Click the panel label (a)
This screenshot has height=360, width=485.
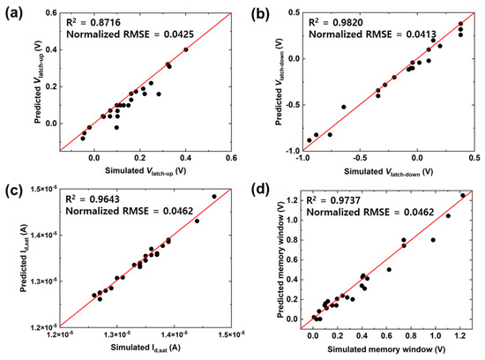coord(16,13)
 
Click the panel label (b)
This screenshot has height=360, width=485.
coord(257,13)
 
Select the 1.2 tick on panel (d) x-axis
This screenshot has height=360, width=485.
coord(459,339)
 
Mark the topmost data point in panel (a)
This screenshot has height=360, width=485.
coord(185,49)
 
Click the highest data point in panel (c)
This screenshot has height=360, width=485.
coord(214,197)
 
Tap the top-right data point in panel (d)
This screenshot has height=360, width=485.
coord(462,195)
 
